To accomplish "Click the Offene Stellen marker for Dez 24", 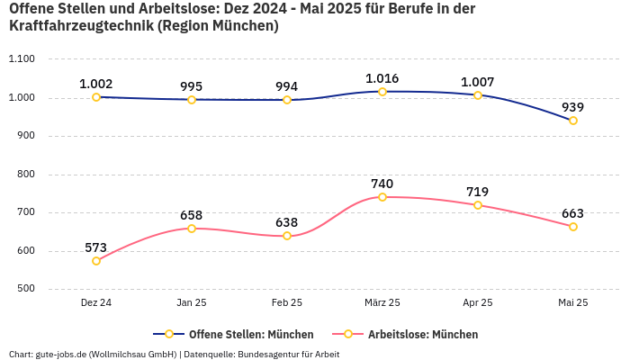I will click(x=96, y=97).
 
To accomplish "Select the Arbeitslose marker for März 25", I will click(x=382, y=197).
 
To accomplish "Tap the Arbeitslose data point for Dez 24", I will click(x=96, y=261).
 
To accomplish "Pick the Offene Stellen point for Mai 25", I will click(x=573, y=121).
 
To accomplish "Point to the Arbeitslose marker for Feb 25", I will click(x=287, y=236).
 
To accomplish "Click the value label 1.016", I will click(x=382, y=78).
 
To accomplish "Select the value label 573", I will click(x=96, y=247).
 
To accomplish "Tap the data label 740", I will click(x=382, y=184).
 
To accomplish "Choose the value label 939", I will click(x=573, y=107).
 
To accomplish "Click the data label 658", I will click(x=192, y=215).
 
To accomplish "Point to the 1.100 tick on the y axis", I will click(x=21, y=59).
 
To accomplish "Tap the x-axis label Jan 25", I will click(x=192, y=303).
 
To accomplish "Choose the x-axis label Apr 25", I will click(x=478, y=303).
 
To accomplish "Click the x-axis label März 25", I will click(x=382, y=303).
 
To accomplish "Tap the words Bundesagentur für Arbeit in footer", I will click(x=288, y=354).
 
